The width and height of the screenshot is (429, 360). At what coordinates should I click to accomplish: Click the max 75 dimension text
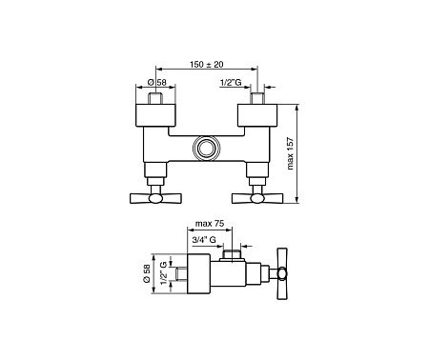pos(210,225)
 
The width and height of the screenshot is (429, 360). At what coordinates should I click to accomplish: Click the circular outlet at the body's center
pos(206,148)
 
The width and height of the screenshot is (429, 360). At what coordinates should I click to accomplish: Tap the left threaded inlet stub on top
pos(156,96)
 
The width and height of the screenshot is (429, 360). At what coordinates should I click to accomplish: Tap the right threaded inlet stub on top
pos(257,96)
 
